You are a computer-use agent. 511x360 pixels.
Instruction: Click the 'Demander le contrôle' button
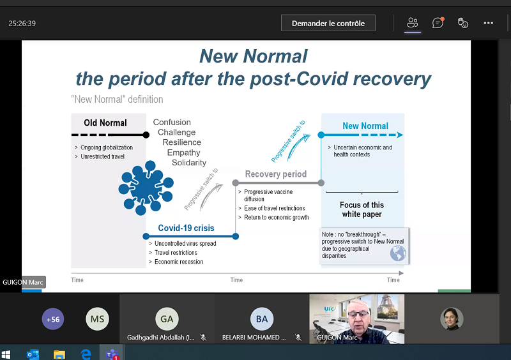pyautogui.click(x=328, y=23)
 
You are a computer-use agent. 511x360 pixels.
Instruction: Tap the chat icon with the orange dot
pyautogui.click(x=438, y=23)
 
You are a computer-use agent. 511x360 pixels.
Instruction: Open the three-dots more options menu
pyautogui.click(x=488, y=23)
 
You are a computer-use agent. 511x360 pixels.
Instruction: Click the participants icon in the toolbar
pyautogui.click(x=412, y=23)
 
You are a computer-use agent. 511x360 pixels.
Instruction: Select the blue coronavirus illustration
pyautogui.click(x=146, y=188)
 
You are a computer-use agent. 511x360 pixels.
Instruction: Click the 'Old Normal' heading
pyautogui.click(x=105, y=123)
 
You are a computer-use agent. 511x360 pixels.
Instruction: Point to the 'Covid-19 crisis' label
pyautogui.click(x=186, y=228)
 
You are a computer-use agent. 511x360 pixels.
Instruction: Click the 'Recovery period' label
pyautogui.click(x=276, y=174)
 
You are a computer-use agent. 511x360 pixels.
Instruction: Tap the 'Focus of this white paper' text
pyautogui.click(x=362, y=209)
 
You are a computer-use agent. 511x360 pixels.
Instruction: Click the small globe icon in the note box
pyautogui.click(x=398, y=253)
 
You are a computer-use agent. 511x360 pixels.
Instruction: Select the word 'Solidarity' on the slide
pyautogui.click(x=189, y=163)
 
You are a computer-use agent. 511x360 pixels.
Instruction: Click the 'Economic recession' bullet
pyautogui.click(x=179, y=262)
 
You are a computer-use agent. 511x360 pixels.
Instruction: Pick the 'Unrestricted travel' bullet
pyautogui.click(x=102, y=156)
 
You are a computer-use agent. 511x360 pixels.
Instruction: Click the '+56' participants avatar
pyautogui.click(x=53, y=319)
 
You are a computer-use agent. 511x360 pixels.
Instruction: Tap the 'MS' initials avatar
pyautogui.click(x=97, y=319)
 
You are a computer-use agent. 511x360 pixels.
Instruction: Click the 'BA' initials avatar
pyautogui.click(x=262, y=319)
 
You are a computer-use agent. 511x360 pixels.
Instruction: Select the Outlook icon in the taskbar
pyautogui.click(x=33, y=354)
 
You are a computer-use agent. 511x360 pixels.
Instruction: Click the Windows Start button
pyautogui.click(x=6, y=354)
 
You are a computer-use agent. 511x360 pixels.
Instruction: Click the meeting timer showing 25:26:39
pyautogui.click(x=22, y=24)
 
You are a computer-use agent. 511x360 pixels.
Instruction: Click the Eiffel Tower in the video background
pyautogui.click(x=387, y=307)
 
